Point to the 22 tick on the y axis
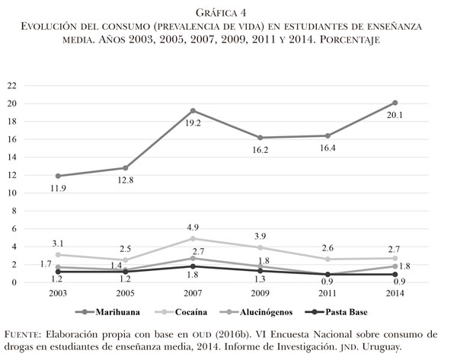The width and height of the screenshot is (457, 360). (12, 85)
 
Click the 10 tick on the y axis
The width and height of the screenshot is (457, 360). (12, 193)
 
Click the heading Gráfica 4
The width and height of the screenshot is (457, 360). (228, 12)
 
